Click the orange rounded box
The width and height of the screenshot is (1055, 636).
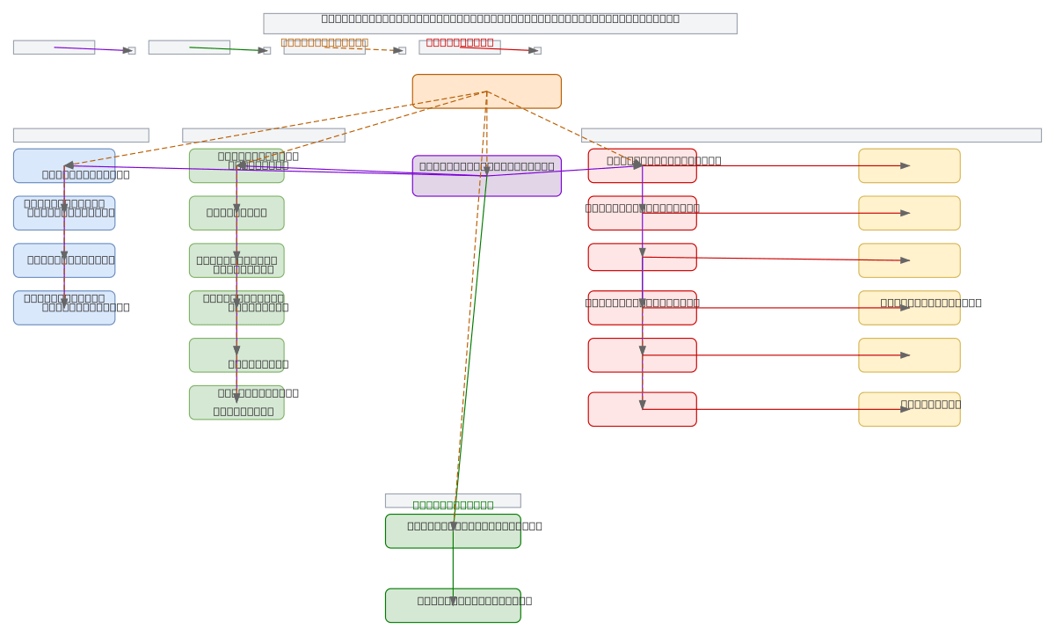click(486, 91)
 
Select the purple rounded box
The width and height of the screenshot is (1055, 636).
click(486, 176)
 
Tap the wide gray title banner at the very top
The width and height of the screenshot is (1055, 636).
click(499, 23)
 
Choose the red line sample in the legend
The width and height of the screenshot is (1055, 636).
click(498, 49)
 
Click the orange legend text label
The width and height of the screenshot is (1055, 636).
click(324, 41)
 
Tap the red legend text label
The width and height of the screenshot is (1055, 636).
click(459, 41)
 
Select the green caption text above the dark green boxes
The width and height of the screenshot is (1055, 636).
click(453, 504)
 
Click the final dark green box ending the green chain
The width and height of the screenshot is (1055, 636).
click(453, 605)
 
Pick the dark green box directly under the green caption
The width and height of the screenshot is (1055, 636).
click(453, 531)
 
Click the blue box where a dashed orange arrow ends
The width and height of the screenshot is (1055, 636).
click(64, 165)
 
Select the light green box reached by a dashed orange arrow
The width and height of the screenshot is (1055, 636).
click(236, 165)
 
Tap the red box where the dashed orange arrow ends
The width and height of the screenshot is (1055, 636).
click(642, 165)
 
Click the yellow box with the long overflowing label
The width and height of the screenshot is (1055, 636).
click(909, 308)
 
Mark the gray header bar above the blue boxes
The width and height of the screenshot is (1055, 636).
click(81, 135)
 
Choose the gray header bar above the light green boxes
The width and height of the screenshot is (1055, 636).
click(263, 135)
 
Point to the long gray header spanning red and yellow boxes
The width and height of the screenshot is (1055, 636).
click(811, 135)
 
